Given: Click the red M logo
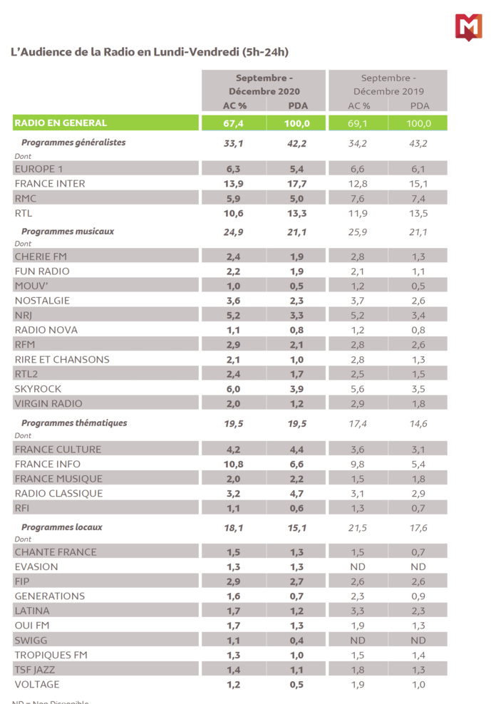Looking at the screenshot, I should (468, 27).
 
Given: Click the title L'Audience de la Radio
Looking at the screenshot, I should (149, 52).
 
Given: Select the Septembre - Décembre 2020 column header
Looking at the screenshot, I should (264, 84).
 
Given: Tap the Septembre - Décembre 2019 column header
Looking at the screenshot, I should (388, 84).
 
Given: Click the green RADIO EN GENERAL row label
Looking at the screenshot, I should (61, 123).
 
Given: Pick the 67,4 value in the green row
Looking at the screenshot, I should (233, 123).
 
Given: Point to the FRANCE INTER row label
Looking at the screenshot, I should (50, 184).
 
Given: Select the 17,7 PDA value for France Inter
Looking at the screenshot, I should (296, 184).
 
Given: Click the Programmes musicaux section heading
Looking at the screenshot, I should (68, 232).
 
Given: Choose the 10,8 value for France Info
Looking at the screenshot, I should (233, 464).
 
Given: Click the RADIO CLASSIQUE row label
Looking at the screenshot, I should (58, 493).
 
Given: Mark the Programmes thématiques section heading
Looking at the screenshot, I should (74, 423).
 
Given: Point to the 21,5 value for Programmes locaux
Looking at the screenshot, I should (358, 528).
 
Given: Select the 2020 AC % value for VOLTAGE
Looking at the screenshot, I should (233, 685).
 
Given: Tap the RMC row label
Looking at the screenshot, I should (26, 199).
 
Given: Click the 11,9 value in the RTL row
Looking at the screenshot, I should (358, 213).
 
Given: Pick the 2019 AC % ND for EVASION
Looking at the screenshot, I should (358, 567).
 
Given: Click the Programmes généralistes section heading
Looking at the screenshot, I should (73, 143).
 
